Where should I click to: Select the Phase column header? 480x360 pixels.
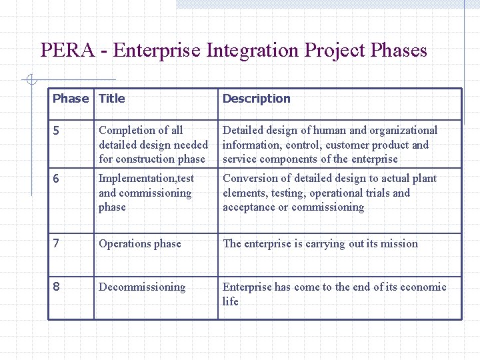pos(70,99)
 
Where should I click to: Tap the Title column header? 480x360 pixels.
pos(111,99)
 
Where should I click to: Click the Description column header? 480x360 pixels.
pos(256,99)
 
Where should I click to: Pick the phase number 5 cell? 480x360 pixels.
pos(57,131)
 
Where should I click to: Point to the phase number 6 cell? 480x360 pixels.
pos(57,179)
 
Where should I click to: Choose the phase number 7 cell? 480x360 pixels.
pos(57,243)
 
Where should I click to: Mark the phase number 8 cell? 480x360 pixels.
pos(57,287)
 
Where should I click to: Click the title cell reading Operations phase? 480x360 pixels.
pos(139,243)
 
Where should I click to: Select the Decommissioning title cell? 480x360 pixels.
pos(142,287)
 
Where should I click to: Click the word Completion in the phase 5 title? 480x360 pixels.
pos(124,131)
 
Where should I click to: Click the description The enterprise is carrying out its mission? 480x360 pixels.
pos(320,243)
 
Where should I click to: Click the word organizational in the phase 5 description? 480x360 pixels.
pos(402,131)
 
